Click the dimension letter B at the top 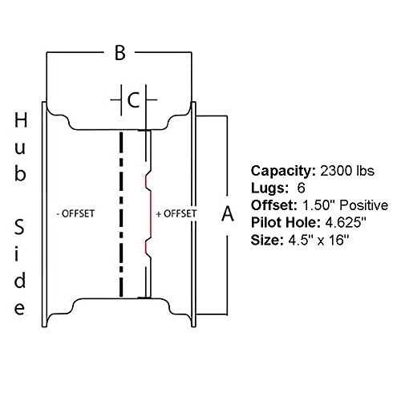[x=120, y=53]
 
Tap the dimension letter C [x=133, y=100]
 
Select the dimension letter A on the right [x=228, y=213]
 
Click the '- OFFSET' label [x=75, y=213]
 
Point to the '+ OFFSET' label [x=176, y=213]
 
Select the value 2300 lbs [x=347, y=171]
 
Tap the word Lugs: [x=269, y=188]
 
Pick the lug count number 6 [x=301, y=188]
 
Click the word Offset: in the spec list [x=274, y=205]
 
